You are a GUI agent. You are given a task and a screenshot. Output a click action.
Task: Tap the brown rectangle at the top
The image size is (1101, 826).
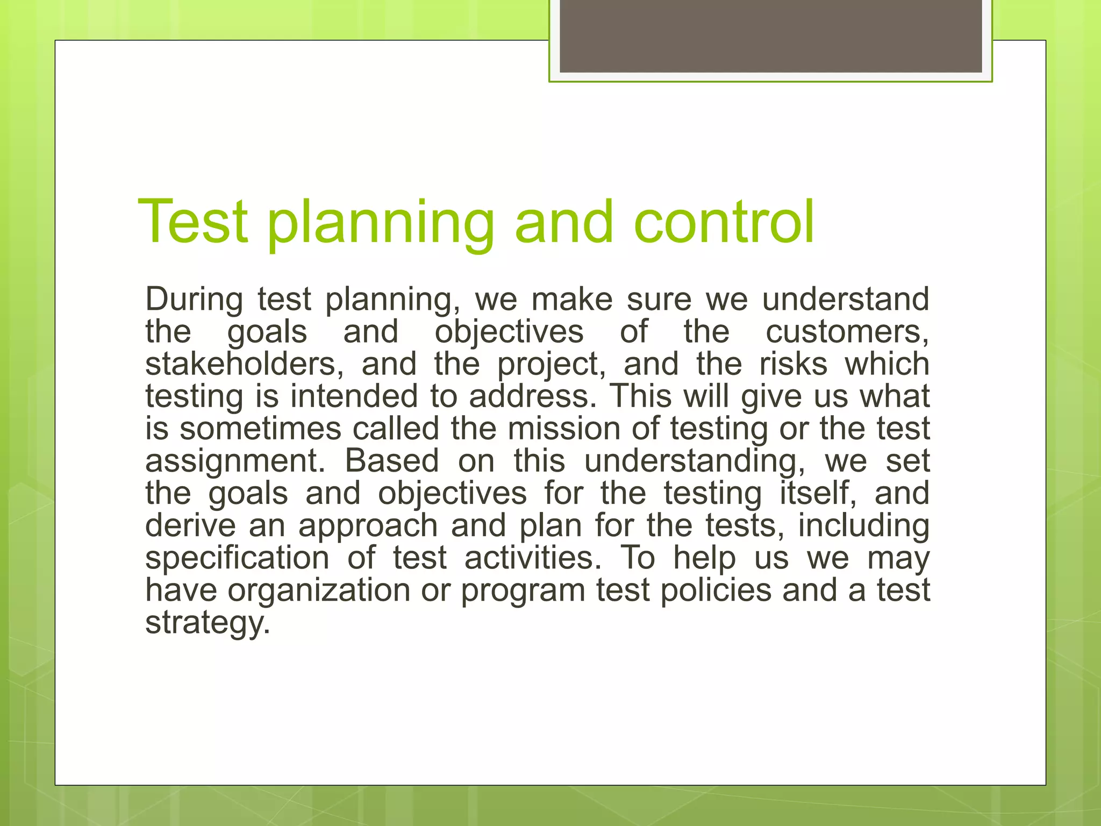coord(770,36)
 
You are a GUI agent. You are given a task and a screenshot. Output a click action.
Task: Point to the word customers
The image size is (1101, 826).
coord(847,332)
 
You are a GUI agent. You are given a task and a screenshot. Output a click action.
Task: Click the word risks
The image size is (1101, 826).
coord(793,364)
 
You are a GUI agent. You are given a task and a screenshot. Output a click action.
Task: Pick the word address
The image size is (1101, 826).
coord(533,396)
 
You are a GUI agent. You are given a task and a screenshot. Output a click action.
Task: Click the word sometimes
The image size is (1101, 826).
coord(261,429)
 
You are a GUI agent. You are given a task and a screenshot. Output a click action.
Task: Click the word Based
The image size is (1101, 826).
coord(392,461)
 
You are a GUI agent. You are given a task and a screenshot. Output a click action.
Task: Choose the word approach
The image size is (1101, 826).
coord(368,526)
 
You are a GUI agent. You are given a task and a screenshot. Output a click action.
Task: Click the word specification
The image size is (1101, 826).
coord(237,558)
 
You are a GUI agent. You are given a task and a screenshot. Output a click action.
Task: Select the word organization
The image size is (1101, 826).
coord(319,590)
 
